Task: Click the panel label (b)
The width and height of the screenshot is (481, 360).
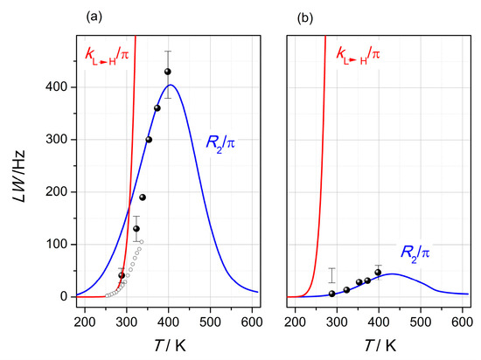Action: click(306, 17)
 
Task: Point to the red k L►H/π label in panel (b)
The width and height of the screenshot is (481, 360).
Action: click(359, 54)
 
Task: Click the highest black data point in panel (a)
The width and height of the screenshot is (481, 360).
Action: click(168, 72)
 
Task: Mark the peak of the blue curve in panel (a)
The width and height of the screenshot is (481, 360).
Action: click(171, 85)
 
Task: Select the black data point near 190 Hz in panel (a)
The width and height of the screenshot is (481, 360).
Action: click(143, 197)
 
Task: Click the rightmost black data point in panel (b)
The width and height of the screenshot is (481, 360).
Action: click(378, 273)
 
